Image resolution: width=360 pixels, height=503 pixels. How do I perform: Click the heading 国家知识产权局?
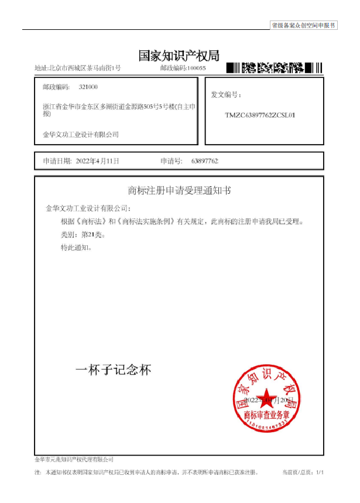pyautogui.click(x=179, y=56)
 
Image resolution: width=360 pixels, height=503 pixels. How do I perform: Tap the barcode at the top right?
pyautogui.click(x=274, y=67)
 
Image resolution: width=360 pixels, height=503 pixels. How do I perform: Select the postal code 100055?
pyautogui.click(x=196, y=69)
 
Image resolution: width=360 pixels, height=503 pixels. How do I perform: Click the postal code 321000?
pyautogui.click(x=88, y=87)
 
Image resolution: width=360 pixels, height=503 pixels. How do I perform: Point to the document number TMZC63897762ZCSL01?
pyautogui.click(x=260, y=115)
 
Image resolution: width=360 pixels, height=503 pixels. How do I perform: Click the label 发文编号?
pyautogui.click(x=226, y=95)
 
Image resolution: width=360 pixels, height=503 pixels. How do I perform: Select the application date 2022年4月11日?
pyautogui.click(x=98, y=160)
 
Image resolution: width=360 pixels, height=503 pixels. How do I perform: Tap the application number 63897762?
pyautogui.click(x=204, y=160)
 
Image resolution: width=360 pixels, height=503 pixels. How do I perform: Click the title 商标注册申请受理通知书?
pyautogui.click(x=179, y=190)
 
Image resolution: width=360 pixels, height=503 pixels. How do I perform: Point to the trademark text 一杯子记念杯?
pyautogui.click(x=114, y=370)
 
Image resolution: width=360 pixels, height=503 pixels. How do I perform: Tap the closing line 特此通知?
pyautogui.click(x=76, y=248)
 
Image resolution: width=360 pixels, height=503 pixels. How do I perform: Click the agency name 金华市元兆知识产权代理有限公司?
pyautogui.click(x=74, y=460)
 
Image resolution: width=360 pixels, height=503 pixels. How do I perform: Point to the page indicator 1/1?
pyautogui.click(x=320, y=472)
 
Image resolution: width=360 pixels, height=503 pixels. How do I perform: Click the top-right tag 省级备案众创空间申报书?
pyautogui.click(x=303, y=25)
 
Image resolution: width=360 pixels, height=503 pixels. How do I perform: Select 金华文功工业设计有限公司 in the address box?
pyautogui.click(x=81, y=135)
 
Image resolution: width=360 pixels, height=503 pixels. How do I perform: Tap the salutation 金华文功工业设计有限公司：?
pyautogui.click(x=88, y=208)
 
